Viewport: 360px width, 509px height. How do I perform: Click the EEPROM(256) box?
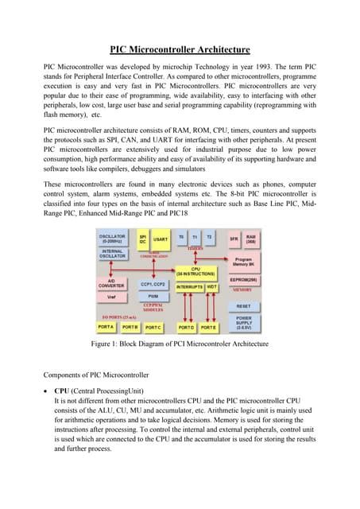tap(244, 280)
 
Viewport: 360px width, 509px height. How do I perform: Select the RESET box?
tap(244, 305)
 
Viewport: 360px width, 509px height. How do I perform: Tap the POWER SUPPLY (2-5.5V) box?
tap(244, 323)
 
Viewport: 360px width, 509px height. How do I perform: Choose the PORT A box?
tap(106, 328)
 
